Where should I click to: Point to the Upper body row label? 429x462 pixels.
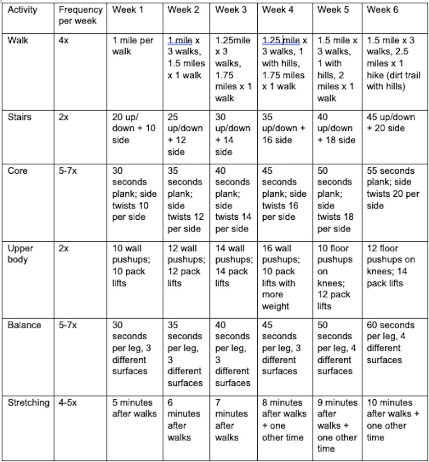point(20,254)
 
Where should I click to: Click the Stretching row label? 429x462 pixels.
point(28,402)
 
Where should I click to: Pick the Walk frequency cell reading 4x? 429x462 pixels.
point(64,41)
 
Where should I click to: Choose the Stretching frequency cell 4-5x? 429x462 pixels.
point(68,402)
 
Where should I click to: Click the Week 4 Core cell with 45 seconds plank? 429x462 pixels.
point(284,194)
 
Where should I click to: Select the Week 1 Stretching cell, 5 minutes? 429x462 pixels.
point(134,408)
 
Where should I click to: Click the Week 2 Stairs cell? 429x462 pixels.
point(185,134)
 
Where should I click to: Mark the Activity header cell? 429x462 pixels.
point(23,10)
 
